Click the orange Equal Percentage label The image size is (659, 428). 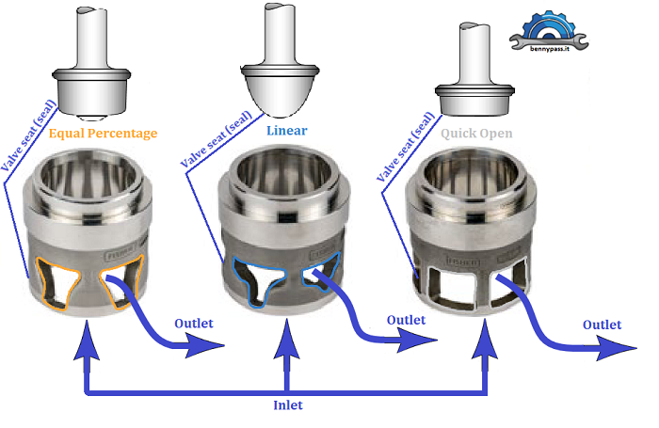(x=103, y=134)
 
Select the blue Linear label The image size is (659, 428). (x=286, y=130)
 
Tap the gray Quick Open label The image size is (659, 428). (x=477, y=134)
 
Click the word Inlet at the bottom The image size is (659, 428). (x=286, y=405)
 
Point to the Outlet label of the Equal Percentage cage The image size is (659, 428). (x=194, y=324)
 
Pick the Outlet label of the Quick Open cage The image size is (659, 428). (x=602, y=325)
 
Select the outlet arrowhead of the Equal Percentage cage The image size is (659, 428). (x=211, y=348)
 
